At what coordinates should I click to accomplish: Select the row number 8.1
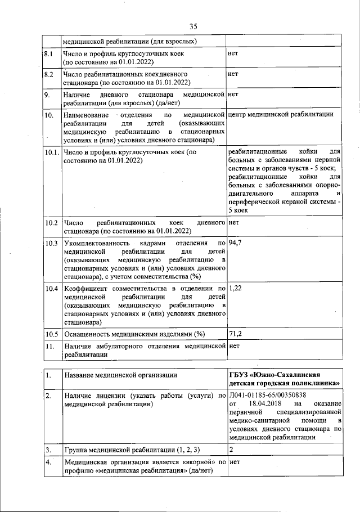click(49, 54)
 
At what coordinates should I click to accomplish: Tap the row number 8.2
click(49, 74)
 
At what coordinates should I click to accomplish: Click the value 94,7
click(236, 242)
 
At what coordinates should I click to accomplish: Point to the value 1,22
click(236, 289)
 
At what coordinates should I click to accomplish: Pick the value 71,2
click(236, 334)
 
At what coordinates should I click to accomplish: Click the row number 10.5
click(52, 334)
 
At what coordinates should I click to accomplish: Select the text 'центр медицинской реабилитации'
click(281, 115)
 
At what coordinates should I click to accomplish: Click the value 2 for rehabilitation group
click(232, 450)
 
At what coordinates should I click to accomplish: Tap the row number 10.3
click(52, 243)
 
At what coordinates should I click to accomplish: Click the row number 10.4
click(52, 289)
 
